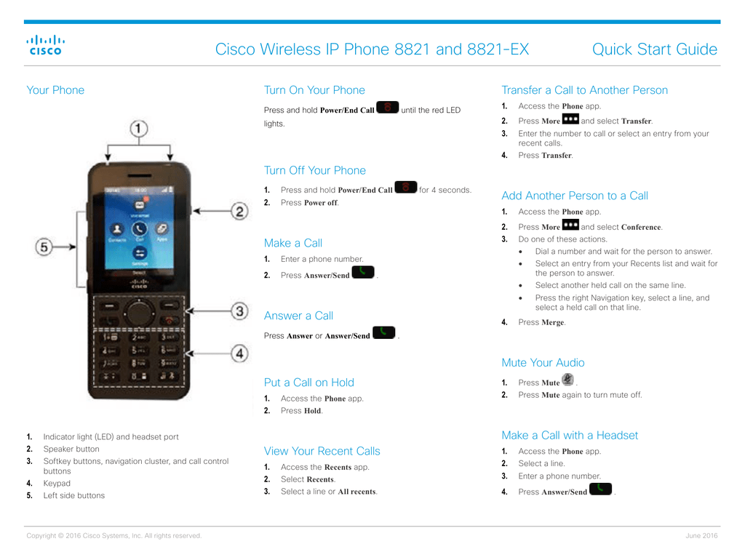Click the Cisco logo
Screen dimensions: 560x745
(x=45, y=45)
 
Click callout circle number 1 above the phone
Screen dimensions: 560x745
(x=138, y=129)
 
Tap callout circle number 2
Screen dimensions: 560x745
(x=239, y=212)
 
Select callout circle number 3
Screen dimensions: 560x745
(x=239, y=311)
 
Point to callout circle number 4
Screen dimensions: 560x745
(x=239, y=354)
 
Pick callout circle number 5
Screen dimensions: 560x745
(x=45, y=248)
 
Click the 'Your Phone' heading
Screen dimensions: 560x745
(x=55, y=90)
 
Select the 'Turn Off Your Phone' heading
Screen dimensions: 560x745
(x=314, y=170)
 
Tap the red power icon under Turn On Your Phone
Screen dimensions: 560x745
(x=388, y=108)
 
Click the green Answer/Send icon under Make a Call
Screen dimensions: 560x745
(x=362, y=273)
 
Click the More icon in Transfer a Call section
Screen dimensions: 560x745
(x=570, y=119)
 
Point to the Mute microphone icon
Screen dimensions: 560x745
(x=567, y=380)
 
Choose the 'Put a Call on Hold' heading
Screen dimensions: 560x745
(x=308, y=383)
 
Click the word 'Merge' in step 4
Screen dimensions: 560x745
(x=552, y=322)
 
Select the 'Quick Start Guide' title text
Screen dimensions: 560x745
(x=654, y=49)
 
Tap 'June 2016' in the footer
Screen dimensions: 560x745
(x=701, y=536)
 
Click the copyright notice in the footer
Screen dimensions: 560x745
(x=113, y=536)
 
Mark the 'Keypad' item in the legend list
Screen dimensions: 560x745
(x=57, y=484)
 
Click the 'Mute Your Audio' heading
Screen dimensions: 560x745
(x=543, y=363)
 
